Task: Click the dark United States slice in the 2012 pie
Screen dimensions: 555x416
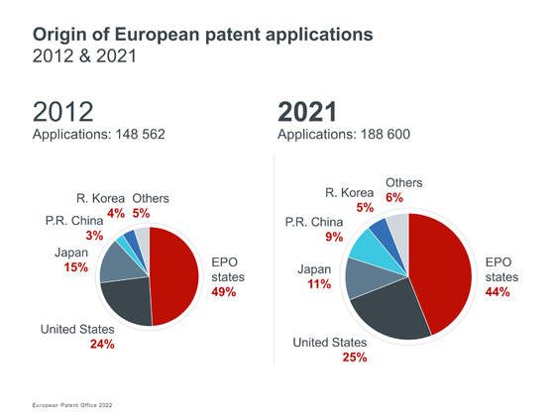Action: coord(129,301)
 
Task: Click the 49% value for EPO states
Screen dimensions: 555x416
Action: coord(224,292)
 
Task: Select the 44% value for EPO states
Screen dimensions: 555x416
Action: coord(498,292)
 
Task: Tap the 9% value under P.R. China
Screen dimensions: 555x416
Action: coord(334,237)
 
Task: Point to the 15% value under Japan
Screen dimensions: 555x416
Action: coord(76,267)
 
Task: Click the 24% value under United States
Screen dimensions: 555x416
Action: coord(102,344)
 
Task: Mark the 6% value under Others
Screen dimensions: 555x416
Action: coord(394,197)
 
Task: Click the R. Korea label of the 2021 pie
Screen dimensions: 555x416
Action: coord(349,193)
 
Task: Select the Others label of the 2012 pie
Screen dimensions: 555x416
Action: coord(151,198)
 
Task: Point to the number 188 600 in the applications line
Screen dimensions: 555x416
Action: coord(386,135)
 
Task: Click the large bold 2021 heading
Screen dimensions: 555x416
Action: coord(307,112)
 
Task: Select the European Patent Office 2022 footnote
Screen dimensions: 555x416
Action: coord(72,405)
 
